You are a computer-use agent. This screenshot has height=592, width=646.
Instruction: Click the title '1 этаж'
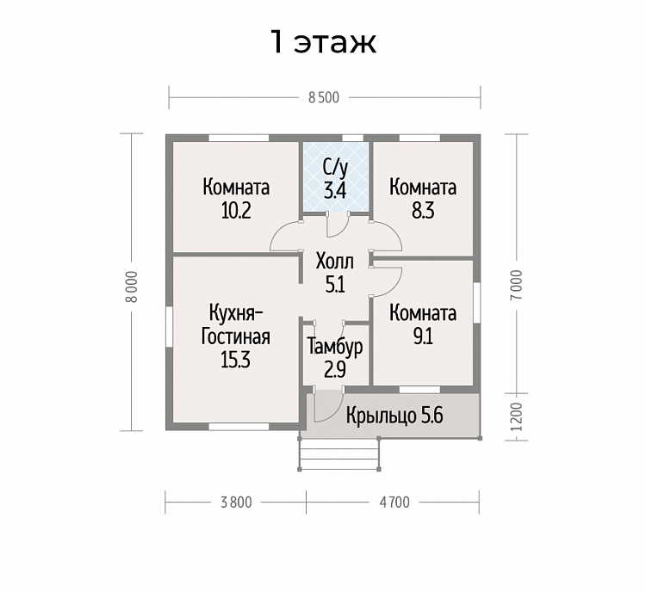point(323,42)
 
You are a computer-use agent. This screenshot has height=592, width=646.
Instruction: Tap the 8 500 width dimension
point(324,97)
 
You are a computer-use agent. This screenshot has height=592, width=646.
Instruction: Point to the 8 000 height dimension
point(132,287)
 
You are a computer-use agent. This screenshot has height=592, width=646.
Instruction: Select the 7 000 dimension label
point(518,285)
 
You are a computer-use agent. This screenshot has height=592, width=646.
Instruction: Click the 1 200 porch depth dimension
point(518,416)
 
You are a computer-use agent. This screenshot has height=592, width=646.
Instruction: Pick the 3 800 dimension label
point(236,503)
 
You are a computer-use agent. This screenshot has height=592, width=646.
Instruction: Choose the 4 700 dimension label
point(394,503)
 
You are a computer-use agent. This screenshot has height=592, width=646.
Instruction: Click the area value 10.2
point(236,211)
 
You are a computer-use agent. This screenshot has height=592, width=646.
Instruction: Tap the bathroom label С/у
point(335,168)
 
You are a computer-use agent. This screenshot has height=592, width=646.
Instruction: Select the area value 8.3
point(423,211)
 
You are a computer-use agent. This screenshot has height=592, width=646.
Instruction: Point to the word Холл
point(334,261)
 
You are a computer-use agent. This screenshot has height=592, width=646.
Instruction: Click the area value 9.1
point(423,336)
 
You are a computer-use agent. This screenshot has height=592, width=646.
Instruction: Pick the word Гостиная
point(236,336)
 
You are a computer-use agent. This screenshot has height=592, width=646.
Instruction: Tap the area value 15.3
point(236,361)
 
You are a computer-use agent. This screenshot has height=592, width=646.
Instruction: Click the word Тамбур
point(335,347)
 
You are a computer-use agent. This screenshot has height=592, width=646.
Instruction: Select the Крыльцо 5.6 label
point(394,416)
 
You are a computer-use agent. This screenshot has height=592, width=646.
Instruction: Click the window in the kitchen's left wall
point(169,326)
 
